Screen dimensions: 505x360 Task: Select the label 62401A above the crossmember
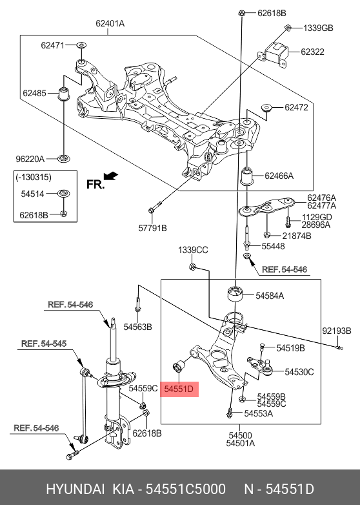pos(110,24)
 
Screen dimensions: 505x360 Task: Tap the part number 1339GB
pos(318,28)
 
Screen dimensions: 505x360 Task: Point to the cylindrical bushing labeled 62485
pos(65,94)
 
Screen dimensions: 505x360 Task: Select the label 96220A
pos(30,158)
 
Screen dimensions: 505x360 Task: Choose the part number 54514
pos(34,193)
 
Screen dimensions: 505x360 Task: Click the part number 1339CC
pos(194,250)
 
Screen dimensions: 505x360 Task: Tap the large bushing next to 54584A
pos(236,294)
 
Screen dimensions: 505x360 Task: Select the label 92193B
pos(336,331)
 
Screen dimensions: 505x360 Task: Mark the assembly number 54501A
pos(241,444)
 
